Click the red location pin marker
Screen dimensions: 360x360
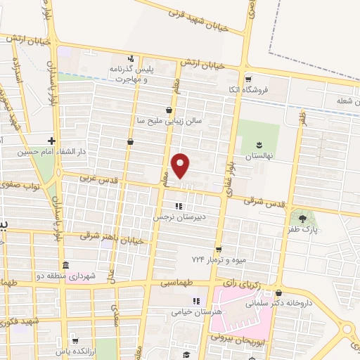[x=181, y=165]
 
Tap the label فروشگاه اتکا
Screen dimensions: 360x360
[x=266, y=91]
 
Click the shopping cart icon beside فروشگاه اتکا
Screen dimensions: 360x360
[x=247, y=79]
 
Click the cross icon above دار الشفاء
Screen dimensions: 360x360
[x=51, y=139]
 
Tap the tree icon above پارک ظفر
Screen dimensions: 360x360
[x=302, y=217]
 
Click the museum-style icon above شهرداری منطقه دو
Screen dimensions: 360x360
[x=65, y=264]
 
